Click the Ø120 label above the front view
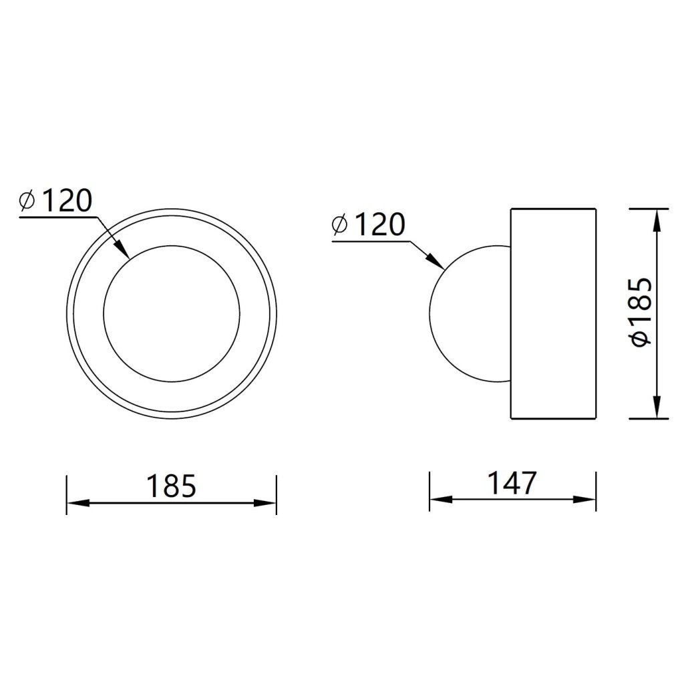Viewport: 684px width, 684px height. [56, 200]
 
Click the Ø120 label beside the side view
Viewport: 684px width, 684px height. [369, 224]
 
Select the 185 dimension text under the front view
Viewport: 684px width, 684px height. [171, 486]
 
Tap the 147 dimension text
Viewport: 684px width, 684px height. [511, 483]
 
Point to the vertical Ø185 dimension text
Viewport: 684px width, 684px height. [641, 311]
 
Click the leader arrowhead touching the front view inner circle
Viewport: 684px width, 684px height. [122, 250]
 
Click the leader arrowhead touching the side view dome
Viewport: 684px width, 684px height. [436, 262]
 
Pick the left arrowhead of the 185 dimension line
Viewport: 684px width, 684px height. [79, 503]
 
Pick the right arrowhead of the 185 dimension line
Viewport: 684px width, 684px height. [265, 503]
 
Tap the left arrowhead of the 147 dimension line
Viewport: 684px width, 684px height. [441, 500]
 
